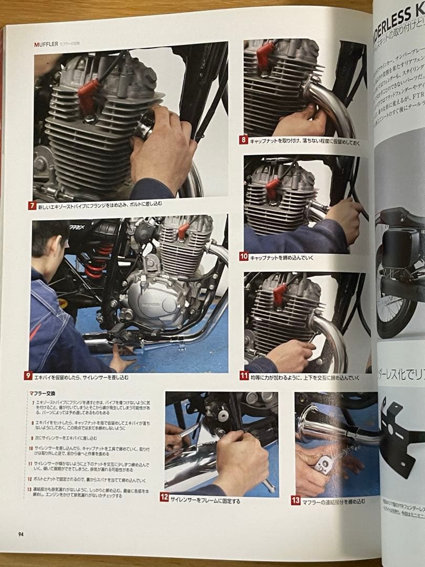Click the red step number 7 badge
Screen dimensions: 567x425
tap(33, 206)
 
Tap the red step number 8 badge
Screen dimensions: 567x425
tap(243, 140)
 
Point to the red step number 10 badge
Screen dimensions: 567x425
tap(243, 256)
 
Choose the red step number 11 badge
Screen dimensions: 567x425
tap(244, 375)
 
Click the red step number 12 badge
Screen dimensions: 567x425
tap(164, 497)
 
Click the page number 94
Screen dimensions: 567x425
tap(21, 534)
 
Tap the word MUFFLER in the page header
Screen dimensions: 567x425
tap(45, 45)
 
